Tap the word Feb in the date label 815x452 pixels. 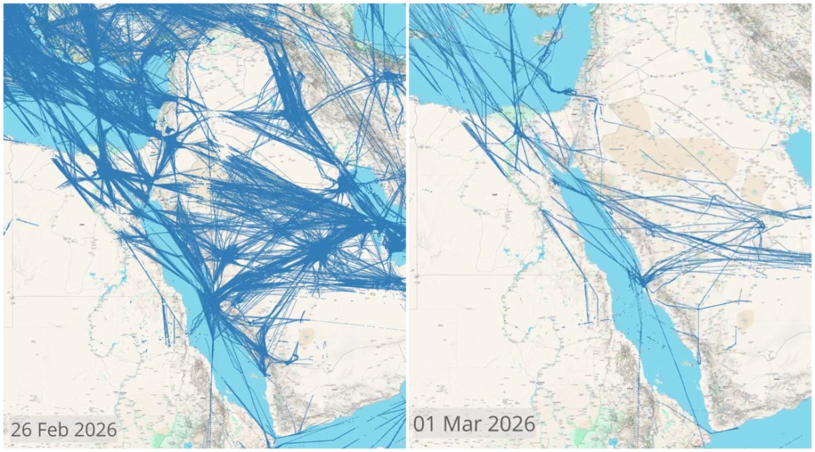(x=53, y=430)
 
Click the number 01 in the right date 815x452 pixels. (x=427, y=424)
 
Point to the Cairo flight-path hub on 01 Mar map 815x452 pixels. (x=518, y=129)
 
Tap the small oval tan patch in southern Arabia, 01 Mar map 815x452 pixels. (x=746, y=317)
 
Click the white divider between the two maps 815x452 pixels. (x=407, y=226)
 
